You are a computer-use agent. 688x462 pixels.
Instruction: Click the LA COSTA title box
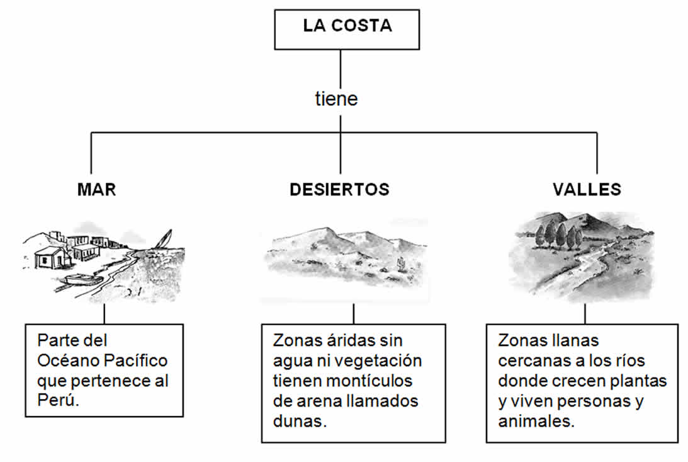[x=347, y=28]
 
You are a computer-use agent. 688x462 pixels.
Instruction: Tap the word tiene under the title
[x=336, y=99]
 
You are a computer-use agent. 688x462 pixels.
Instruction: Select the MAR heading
[x=97, y=189]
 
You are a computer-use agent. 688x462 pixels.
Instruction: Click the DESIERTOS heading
[x=339, y=189]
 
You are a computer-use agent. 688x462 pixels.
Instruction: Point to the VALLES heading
[x=587, y=189]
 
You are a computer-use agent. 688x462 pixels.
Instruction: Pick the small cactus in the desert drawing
[x=398, y=261]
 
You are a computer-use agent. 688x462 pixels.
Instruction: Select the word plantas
[x=641, y=381]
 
